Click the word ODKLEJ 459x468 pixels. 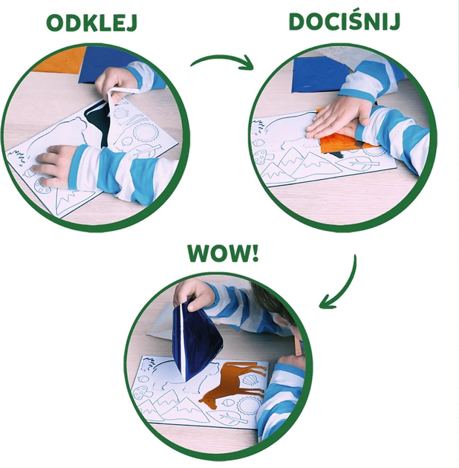point(91,23)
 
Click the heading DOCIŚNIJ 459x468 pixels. point(345,22)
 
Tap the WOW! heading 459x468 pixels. point(223,253)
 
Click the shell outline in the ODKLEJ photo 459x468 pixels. point(122,113)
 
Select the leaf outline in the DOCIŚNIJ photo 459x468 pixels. point(357,163)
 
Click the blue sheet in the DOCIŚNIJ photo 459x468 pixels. point(321,74)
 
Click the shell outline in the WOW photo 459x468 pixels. point(250,380)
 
